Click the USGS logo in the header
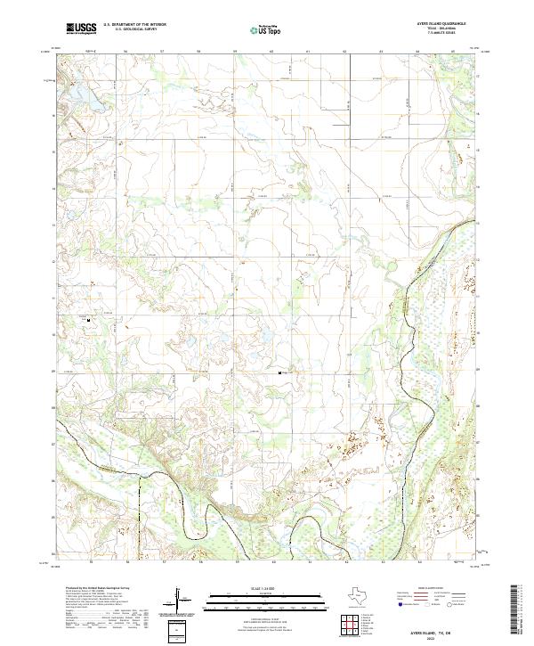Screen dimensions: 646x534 pyautogui.click(x=82, y=29)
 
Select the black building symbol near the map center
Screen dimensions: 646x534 pyautogui.click(x=282, y=372)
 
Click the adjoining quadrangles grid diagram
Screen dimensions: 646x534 pyautogui.click(x=353, y=625)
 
